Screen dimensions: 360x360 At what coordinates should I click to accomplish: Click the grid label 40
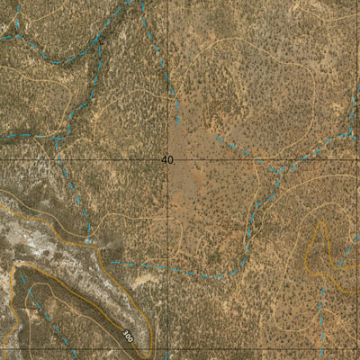coord(166,159)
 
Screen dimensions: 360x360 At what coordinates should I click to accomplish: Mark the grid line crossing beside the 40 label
coord(175,159)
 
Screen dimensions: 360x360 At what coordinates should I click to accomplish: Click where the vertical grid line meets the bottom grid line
coord(175,349)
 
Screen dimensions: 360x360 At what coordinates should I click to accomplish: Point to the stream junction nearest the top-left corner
coord(15,37)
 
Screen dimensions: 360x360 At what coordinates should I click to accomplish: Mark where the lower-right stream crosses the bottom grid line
coord(322,349)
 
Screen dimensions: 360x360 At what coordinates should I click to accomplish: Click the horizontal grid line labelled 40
coord(90,159)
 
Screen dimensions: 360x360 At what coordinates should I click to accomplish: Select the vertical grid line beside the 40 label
coord(175,54)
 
